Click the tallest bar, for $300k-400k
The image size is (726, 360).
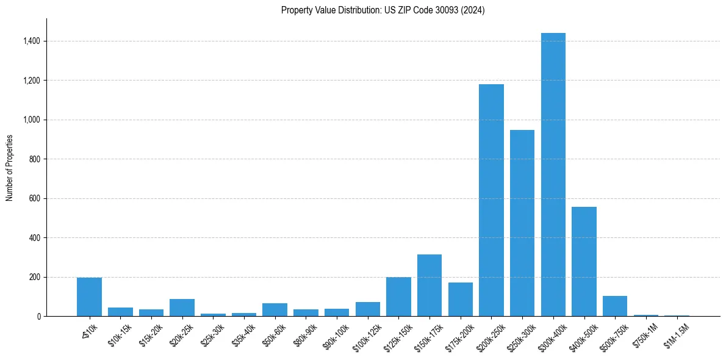(x=553, y=175)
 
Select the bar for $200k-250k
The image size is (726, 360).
(x=491, y=200)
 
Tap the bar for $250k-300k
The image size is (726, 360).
(x=522, y=223)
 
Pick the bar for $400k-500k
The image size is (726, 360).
(x=584, y=261)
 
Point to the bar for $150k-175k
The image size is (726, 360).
(x=429, y=285)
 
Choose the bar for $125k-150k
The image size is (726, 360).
(x=398, y=297)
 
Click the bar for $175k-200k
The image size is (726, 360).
(x=461, y=299)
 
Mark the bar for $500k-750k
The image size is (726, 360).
(x=615, y=306)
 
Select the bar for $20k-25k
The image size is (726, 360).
(x=182, y=308)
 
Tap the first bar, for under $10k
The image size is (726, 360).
(x=89, y=297)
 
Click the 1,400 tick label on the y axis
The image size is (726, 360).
(x=32, y=41)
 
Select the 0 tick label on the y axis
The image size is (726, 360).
(x=38, y=317)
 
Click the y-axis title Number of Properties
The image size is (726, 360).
(x=10, y=168)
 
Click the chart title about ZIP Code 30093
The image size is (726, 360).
(x=383, y=10)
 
